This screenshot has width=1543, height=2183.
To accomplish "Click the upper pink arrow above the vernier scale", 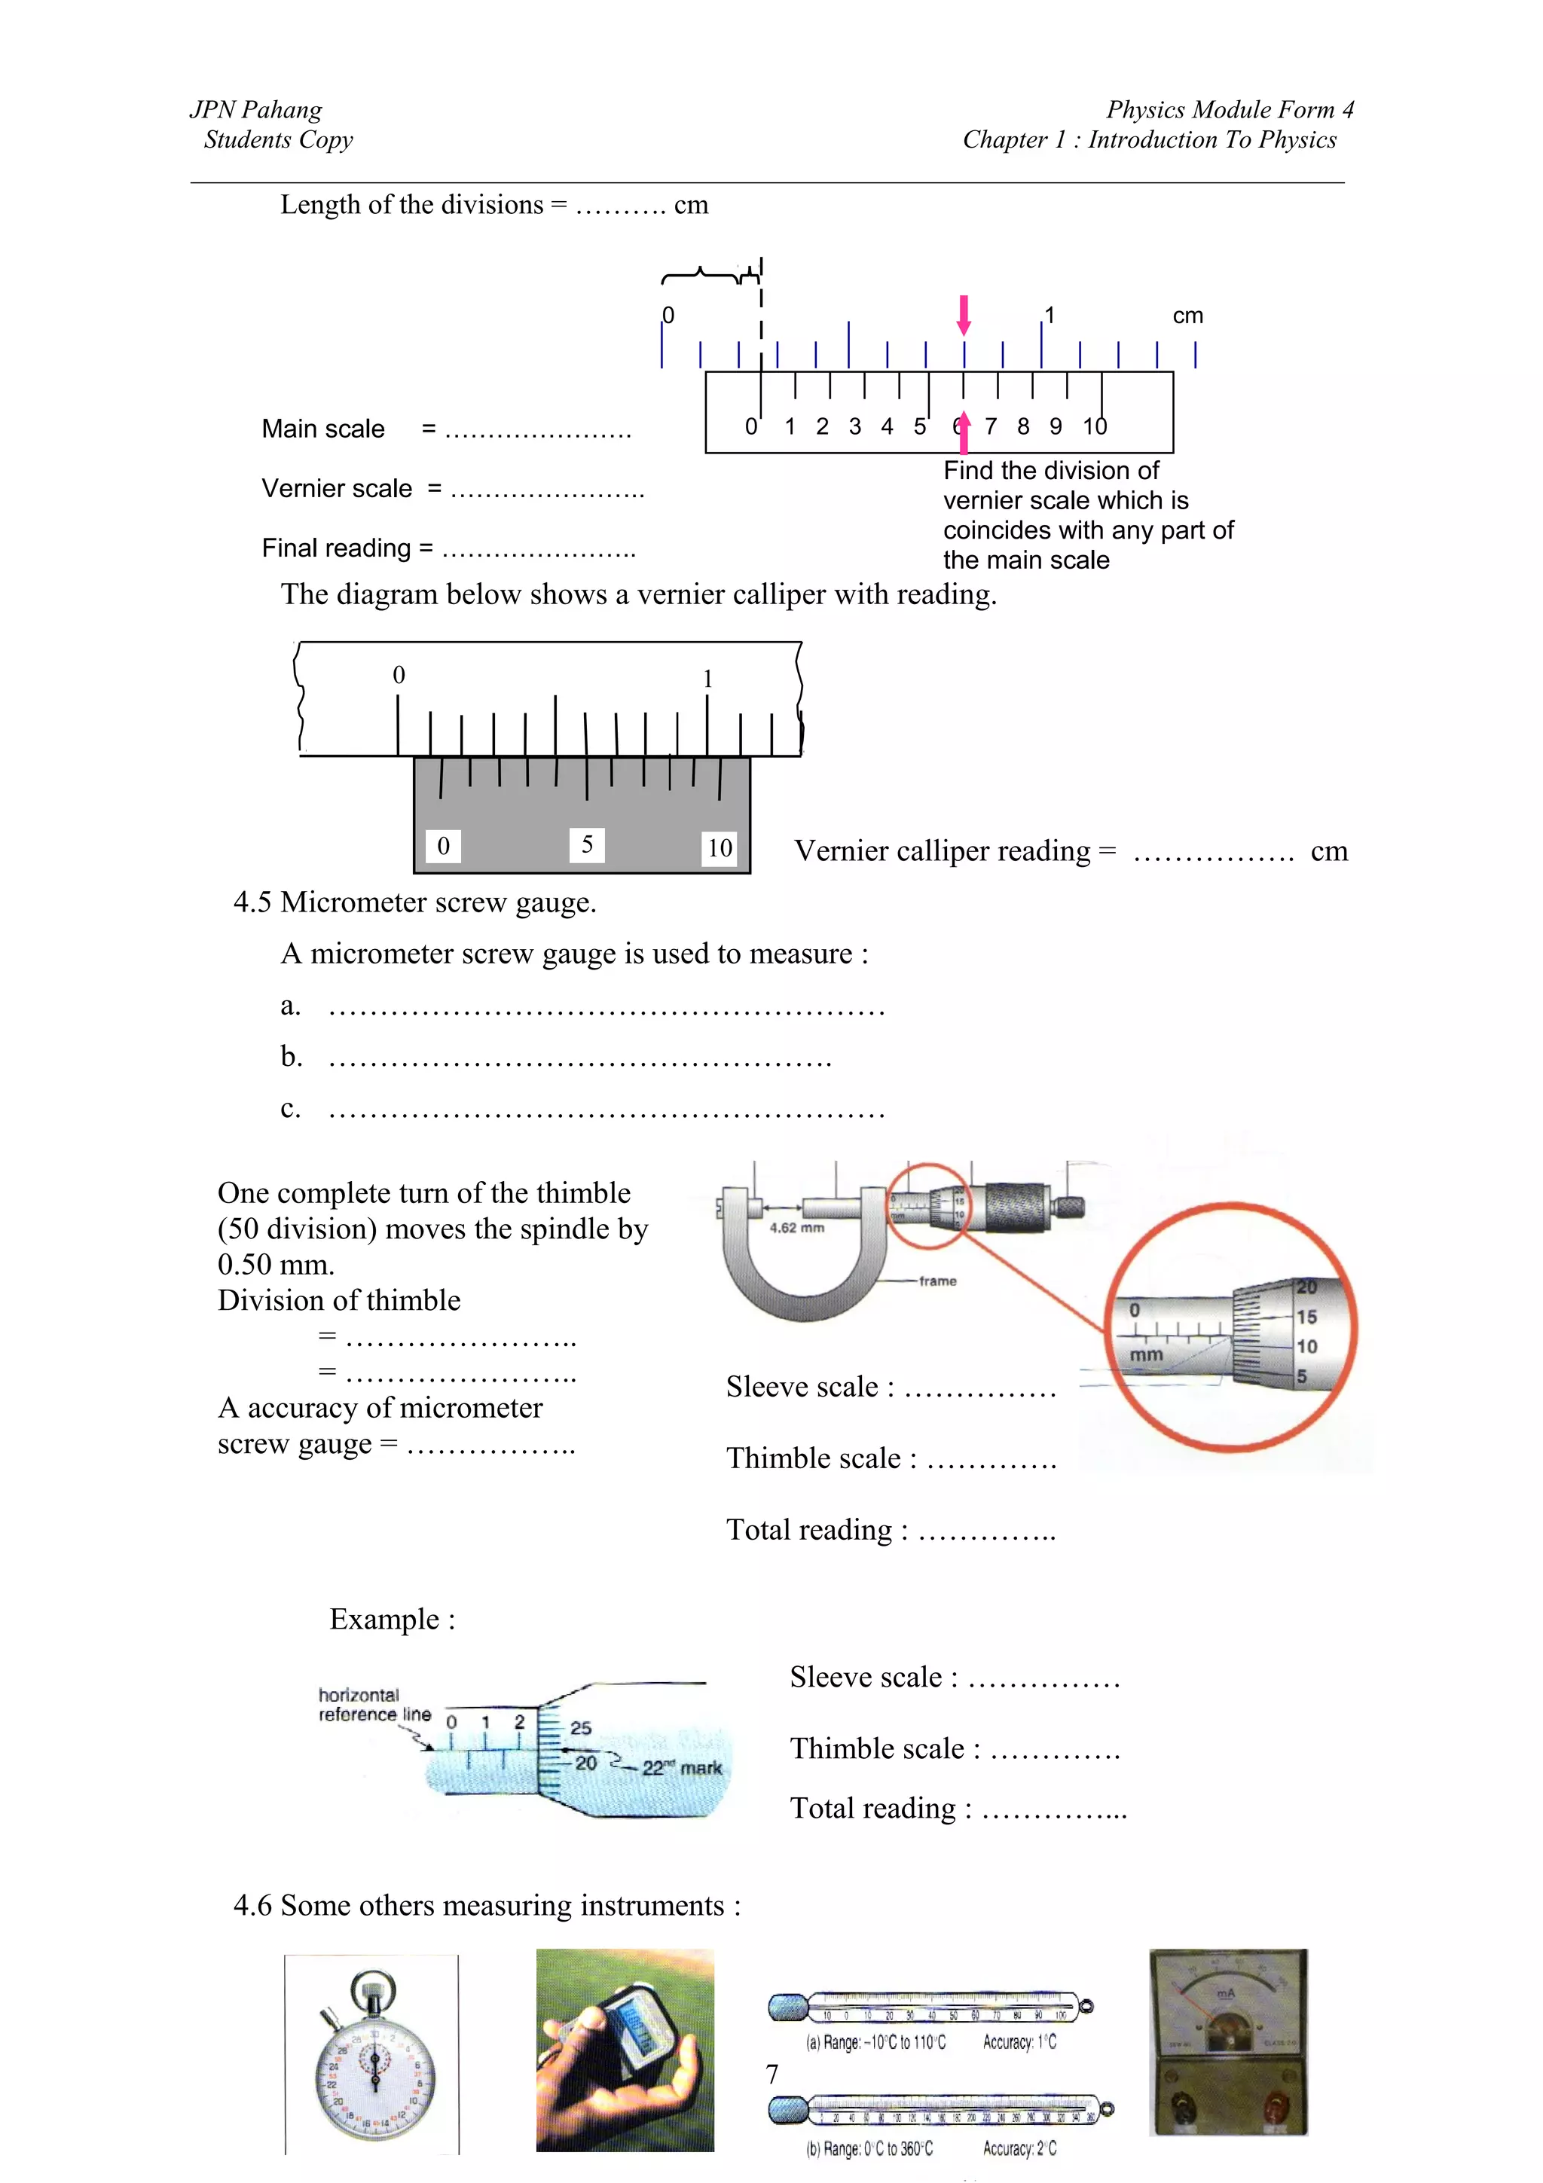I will pos(963,315).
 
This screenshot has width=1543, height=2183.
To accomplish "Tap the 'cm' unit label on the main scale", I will pos(1187,316).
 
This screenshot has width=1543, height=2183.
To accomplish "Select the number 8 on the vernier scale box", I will pos(1023,426).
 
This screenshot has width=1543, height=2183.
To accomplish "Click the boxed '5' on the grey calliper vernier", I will pos(587,844).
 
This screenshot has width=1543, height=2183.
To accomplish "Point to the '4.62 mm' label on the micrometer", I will pos(796,1227).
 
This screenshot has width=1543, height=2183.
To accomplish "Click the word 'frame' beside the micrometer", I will pos(937,1281).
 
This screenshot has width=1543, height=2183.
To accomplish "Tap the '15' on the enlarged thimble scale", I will pos(1306,1317).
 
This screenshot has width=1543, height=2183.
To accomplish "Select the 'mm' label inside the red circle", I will pos(1146,1354).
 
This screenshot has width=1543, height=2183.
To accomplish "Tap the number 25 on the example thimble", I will pos(581,1727).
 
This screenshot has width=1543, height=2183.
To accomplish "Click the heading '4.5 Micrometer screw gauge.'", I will pos(414,902).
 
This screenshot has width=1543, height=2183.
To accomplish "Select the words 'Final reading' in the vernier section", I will pos(337,548).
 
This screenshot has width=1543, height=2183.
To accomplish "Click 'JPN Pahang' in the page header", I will pos(255,109).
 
